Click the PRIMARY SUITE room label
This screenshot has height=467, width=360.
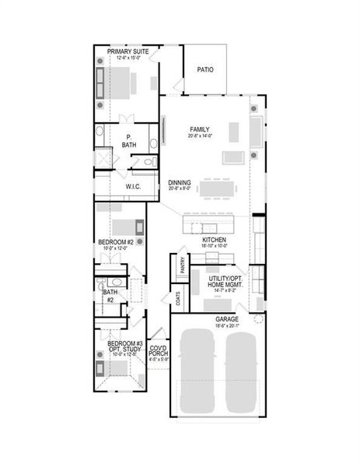coord(128,51)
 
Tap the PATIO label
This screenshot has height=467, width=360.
coord(204,69)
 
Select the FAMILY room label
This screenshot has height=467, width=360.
coord(201,128)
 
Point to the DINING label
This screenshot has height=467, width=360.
coord(180,183)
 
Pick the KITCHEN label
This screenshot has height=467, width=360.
coord(214,240)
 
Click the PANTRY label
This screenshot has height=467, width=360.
coord(183,265)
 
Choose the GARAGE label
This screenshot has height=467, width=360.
coord(227,319)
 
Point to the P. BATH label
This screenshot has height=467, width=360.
coord(129,141)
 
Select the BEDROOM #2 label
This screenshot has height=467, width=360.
coord(117,243)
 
